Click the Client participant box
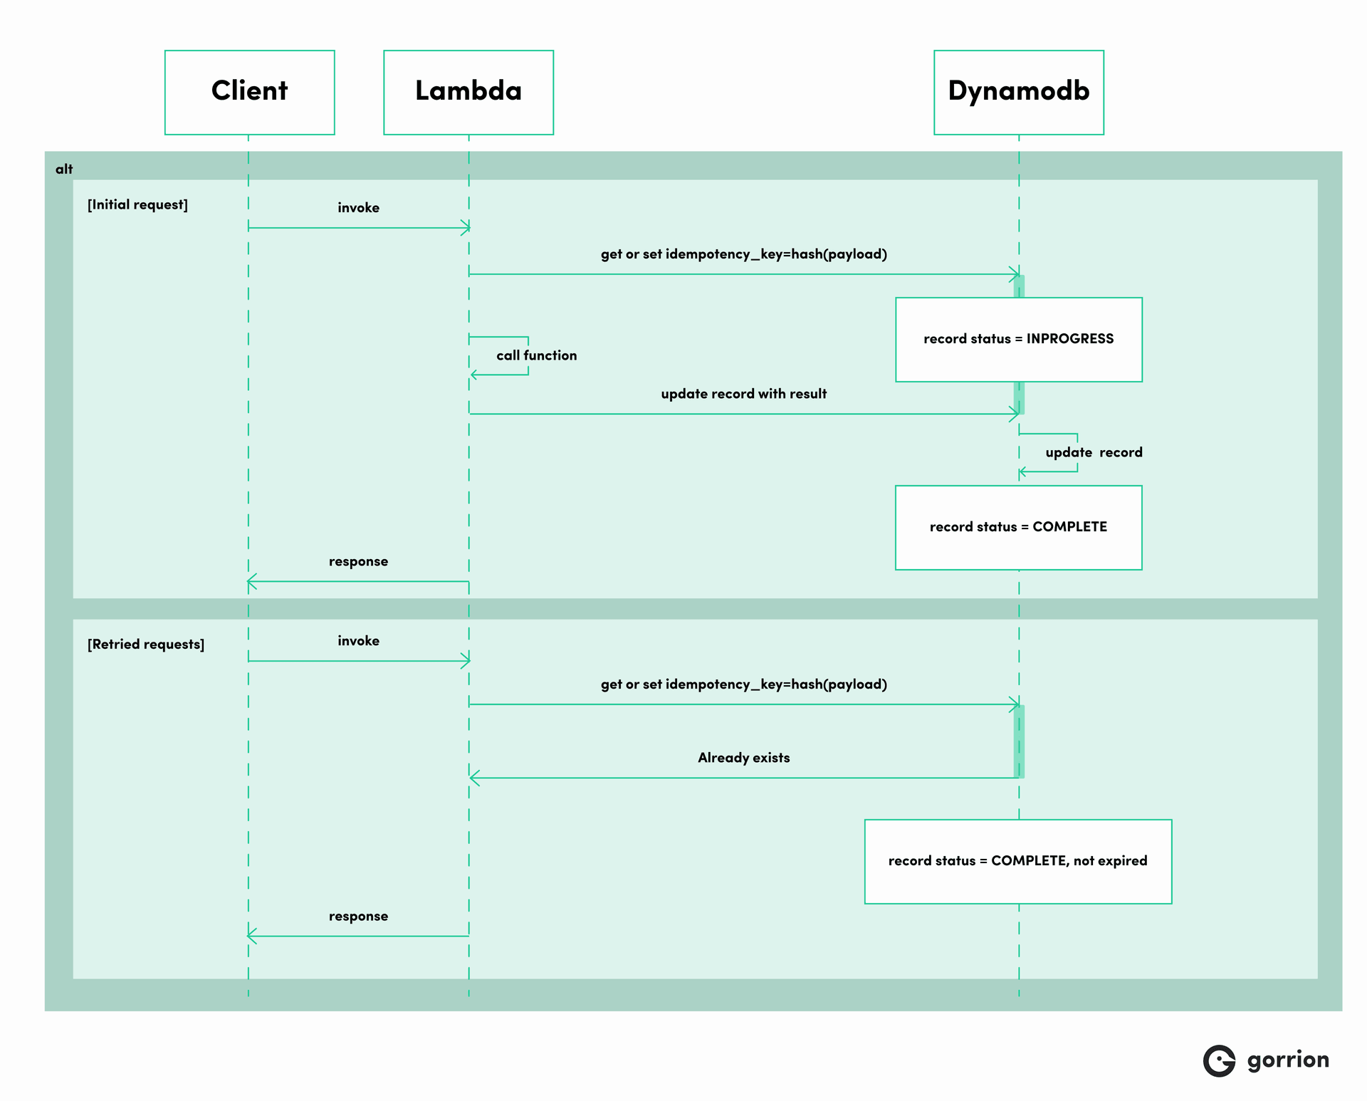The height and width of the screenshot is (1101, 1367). [x=249, y=92]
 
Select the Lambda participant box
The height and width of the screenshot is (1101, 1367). [x=468, y=92]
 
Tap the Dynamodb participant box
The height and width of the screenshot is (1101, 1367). [x=1018, y=92]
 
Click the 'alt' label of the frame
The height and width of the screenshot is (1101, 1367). [x=64, y=169]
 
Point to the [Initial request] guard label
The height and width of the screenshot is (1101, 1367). [x=137, y=204]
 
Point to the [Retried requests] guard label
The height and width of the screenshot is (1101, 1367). [x=145, y=644]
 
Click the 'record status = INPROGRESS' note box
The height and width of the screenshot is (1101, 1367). [x=1018, y=339]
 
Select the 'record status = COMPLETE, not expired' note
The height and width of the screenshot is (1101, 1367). [x=1017, y=860]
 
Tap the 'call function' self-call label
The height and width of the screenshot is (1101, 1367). [x=536, y=355]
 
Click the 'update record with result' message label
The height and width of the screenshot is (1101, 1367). [x=743, y=394]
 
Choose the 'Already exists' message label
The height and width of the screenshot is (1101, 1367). [x=743, y=758]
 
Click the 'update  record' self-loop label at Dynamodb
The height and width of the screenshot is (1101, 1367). [x=1094, y=452]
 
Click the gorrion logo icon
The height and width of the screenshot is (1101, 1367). [x=1219, y=1061]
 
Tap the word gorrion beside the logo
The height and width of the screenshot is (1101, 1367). [x=1287, y=1060]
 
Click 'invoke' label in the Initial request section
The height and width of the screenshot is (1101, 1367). [x=358, y=207]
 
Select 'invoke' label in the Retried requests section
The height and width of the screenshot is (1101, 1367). [x=358, y=640]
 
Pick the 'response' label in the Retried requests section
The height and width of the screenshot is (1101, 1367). [x=358, y=916]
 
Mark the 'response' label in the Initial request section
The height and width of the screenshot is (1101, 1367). [x=358, y=561]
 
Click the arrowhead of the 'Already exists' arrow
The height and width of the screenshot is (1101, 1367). [x=473, y=778]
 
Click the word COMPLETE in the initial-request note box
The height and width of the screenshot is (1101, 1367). [x=1069, y=527]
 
